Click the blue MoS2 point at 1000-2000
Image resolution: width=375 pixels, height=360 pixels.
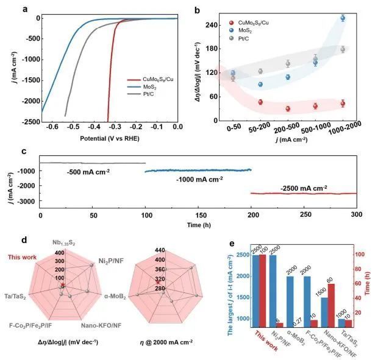343,18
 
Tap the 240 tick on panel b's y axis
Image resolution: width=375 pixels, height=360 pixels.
227,25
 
